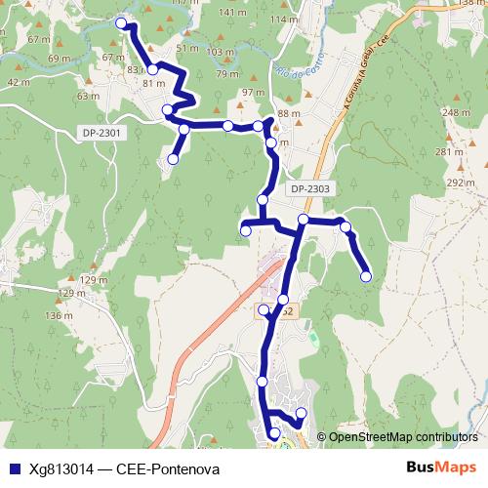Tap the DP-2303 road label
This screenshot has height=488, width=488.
pyautogui.click(x=310, y=188)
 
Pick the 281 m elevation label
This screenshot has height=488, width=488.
pyautogui.click(x=448, y=151)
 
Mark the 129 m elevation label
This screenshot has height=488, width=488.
pyautogui.click(x=95, y=280)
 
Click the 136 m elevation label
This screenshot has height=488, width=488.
pyautogui.click(x=59, y=315)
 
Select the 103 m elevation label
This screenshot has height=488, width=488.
pyautogui.click(x=222, y=52)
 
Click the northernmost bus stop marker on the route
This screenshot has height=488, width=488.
pyautogui.click(x=121, y=22)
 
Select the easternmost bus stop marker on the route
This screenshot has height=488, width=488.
pyautogui.click(x=366, y=276)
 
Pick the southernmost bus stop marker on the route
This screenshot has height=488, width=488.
pyautogui.click(x=274, y=433)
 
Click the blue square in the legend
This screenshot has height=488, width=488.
pyautogui.click(x=13, y=468)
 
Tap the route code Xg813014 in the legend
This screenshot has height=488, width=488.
pyautogui.click(x=61, y=468)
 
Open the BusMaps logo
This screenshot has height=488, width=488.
pyautogui.click(x=440, y=468)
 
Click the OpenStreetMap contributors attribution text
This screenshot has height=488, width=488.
pyautogui.click(x=404, y=437)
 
